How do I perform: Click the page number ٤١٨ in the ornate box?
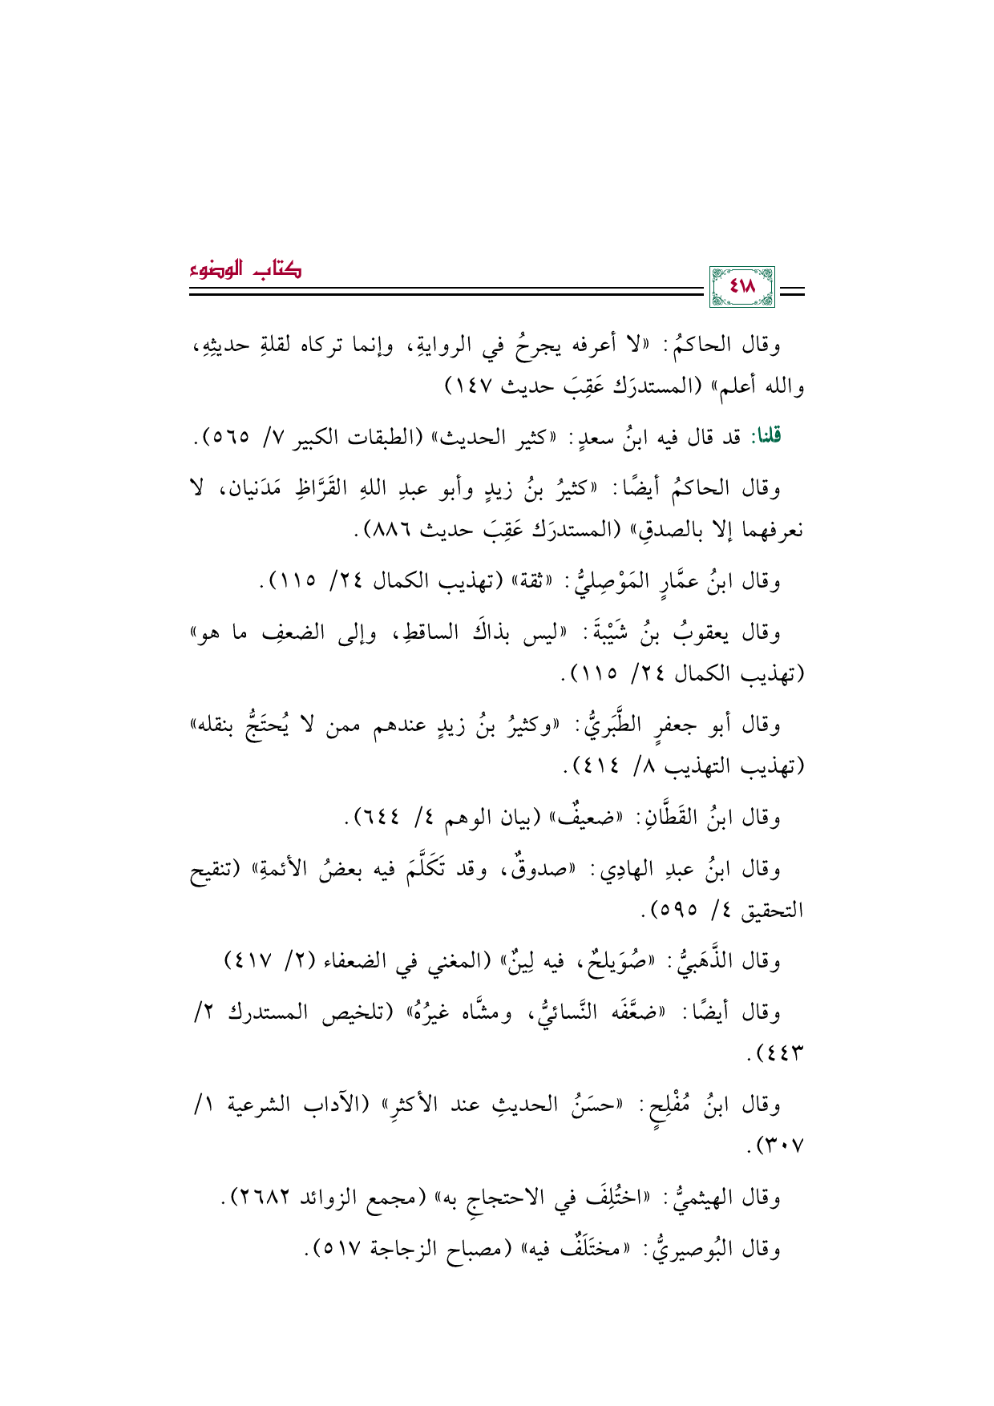[742, 286]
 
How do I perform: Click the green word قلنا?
[763, 436]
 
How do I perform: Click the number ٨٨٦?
[396, 529]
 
